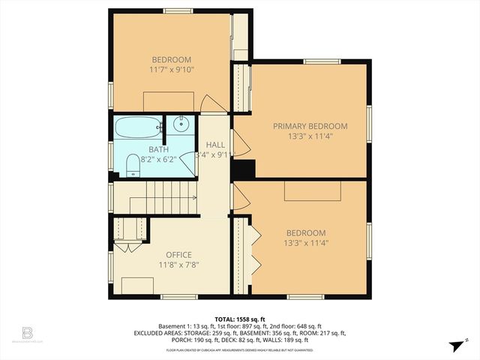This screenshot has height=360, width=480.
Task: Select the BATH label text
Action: [x=137, y=150]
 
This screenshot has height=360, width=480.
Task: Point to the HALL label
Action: [x=215, y=144]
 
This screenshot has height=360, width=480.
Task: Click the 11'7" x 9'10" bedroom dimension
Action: [x=172, y=70]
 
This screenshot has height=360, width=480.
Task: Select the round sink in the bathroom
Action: [x=181, y=124]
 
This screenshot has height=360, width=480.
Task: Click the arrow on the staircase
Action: [x=193, y=197]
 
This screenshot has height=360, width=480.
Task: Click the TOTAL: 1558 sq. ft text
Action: [x=239, y=318]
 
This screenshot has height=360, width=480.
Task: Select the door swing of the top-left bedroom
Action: [x=213, y=105]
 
